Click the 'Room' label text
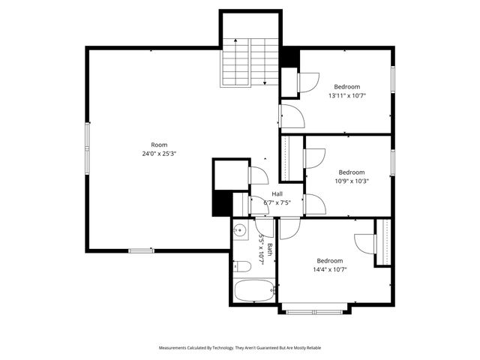click(159, 145)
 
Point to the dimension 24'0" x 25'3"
click(159, 154)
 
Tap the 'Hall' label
click(277, 194)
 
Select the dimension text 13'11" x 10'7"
click(347, 95)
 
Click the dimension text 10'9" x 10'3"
click(351, 180)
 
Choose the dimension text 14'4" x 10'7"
click(330, 269)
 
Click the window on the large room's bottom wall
click(141, 250)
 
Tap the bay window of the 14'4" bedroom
click(313, 310)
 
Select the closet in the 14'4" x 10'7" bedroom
click(383, 241)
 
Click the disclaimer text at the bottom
click(240, 348)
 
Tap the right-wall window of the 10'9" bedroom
click(392, 162)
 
